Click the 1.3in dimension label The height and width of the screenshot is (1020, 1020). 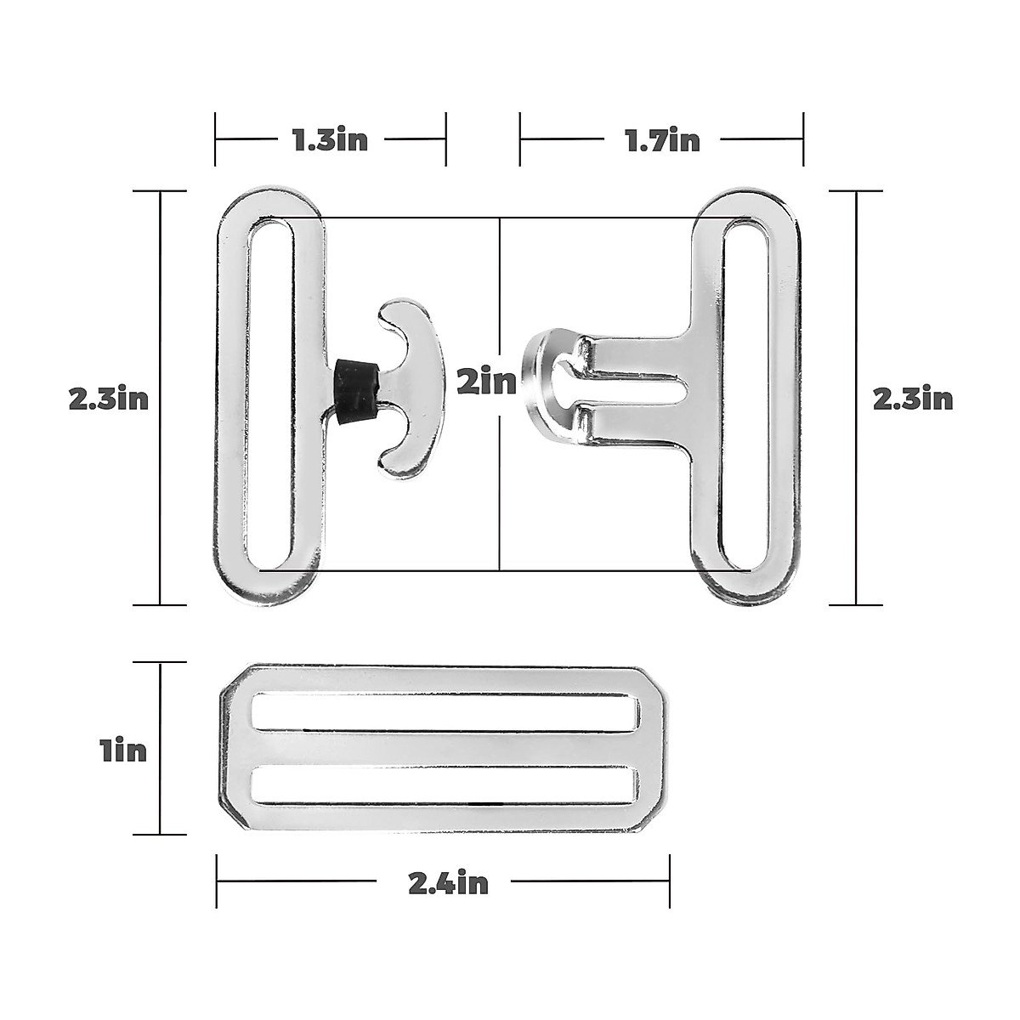click(x=330, y=139)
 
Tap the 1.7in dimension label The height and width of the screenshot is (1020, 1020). click(x=662, y=139)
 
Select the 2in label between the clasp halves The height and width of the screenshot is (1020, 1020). click(x=486, y=382)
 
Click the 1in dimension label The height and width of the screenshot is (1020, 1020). click(x=122, y=751)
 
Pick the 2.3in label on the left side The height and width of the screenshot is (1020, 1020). click(x=109, y=398)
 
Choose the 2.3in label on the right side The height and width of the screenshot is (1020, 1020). click(x=913, y=398)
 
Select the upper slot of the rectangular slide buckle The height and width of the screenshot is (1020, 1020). click(x=444, y=711)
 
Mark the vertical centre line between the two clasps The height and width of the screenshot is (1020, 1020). click(x=500, y=493)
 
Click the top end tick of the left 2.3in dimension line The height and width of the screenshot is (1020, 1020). click(x=160, y=192)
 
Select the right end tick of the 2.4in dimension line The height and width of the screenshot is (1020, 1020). click(x=670, y=881)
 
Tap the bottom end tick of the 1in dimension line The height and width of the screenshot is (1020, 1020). click(x=160, y=834)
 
